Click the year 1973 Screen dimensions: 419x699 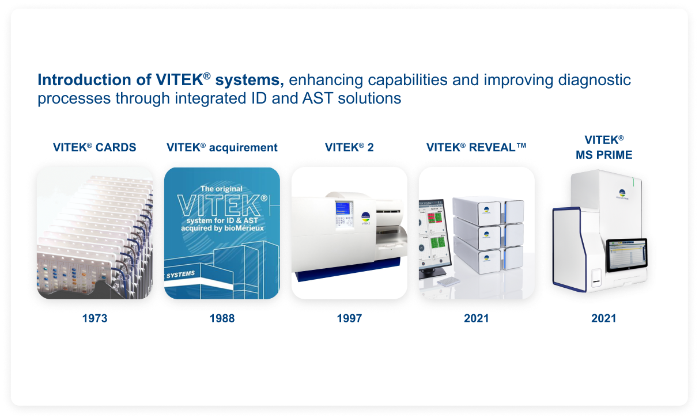click(x=95, y=318)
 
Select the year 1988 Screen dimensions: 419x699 click(x=222, y=318)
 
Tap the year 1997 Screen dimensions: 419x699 click(x=349, y=318)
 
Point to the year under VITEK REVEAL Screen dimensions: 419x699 click(x=476, y=318)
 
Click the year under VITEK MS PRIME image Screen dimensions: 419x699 click(x=603, y=318)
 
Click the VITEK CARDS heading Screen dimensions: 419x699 click(x=95, y=147)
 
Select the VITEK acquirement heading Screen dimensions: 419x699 click(x=222, y=147)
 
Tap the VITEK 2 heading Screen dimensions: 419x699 click(x=349, y=147)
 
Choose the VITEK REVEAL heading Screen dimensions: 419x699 click(x=476, y=147)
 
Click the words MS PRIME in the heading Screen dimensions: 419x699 click(x=604, y=155)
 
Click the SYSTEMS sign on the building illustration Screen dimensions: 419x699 click(x=180, y=275)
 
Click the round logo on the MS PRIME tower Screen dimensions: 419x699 click(x=622, y=194)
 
